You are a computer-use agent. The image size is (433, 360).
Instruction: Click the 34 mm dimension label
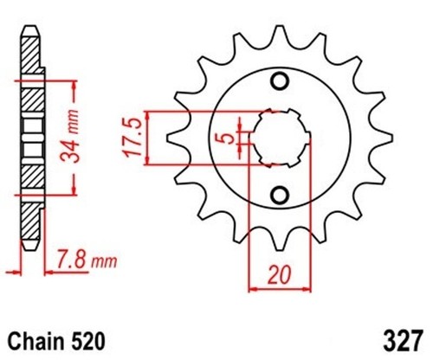[70, 136]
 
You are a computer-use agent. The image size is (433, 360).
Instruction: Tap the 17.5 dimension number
[133, 138]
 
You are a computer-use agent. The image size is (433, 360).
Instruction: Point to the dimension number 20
[279, 275]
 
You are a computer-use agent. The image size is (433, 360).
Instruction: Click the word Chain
[36, 342]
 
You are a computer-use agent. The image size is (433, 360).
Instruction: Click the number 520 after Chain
[87, 342]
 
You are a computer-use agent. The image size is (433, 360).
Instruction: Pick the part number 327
[403, 342]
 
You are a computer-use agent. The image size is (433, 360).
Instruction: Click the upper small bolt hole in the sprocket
[280, 81]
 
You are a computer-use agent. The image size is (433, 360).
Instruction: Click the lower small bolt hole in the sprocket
[280, 196]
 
